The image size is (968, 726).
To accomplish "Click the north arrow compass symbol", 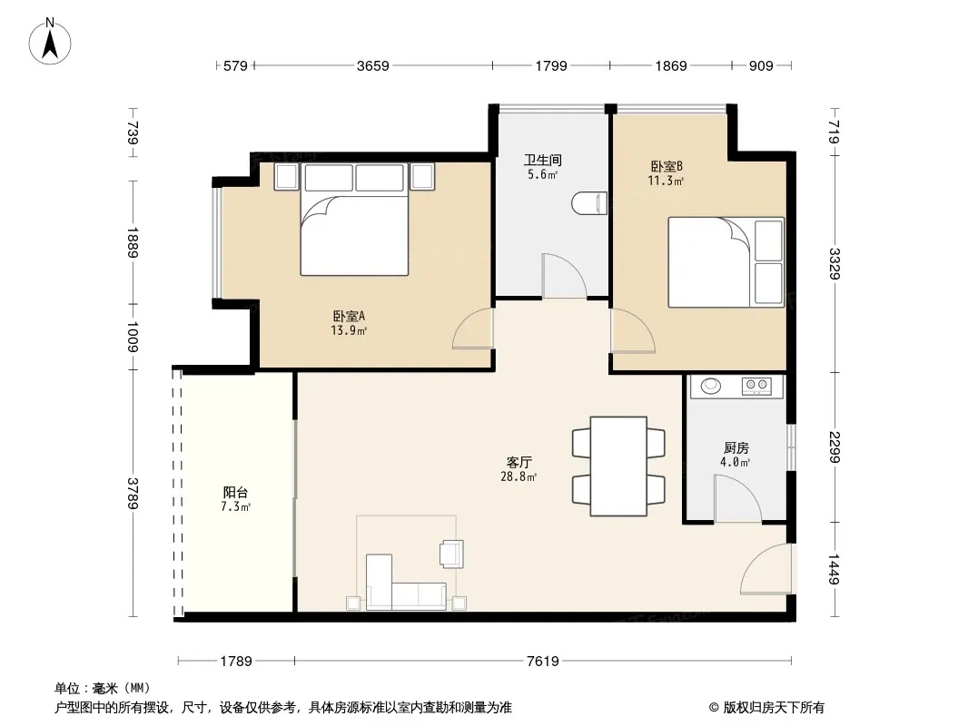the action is click(50, 41).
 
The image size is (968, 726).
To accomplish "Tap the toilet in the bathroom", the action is click(589, 203).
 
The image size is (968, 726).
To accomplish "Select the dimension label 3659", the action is click(373, 65).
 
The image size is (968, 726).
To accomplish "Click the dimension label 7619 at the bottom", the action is click(543, 662).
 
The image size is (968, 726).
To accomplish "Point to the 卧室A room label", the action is click(349, 317).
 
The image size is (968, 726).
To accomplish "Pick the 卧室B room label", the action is click(667, 167).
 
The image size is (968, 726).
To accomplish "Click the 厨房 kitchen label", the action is click(736, 447).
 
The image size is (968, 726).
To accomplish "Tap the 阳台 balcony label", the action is click(235, 492).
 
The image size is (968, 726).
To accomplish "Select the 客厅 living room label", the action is click(519, 462).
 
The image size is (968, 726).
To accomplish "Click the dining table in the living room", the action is click(618, 466).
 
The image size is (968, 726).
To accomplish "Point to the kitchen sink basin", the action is click(711, 386).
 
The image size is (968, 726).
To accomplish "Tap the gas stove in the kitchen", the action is click(756, 386).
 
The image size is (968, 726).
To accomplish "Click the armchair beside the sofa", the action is click(451, 554).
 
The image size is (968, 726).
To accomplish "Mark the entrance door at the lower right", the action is click(766, 569).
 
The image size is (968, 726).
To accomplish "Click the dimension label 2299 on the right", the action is click(835, 447).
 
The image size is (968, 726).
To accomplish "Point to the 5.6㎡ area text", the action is click(543, 174).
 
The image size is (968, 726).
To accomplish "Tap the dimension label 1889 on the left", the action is click(132, 242).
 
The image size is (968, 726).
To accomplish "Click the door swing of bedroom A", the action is click(473, 329).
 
